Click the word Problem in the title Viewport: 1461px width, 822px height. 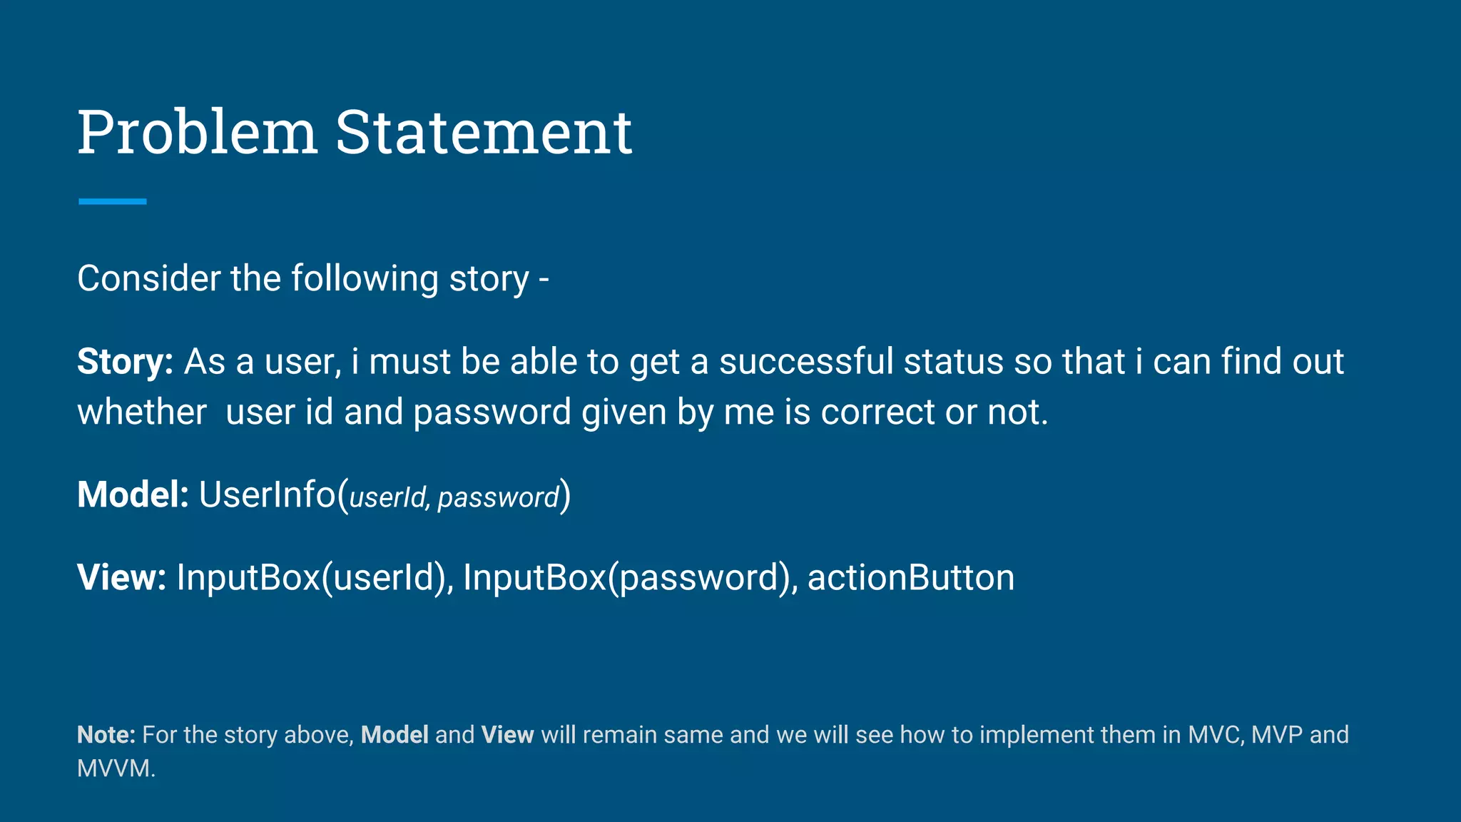197,133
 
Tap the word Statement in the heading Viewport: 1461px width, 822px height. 484,133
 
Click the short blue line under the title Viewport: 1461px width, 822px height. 112,202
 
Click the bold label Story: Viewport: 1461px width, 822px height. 125,362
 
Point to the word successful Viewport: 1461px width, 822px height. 806,362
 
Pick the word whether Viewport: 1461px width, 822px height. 142,412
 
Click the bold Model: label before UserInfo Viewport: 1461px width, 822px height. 133,495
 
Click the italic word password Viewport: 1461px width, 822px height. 498,497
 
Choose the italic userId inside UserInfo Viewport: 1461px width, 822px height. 389,497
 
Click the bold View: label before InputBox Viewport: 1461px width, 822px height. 121,578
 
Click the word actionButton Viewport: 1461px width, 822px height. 910,578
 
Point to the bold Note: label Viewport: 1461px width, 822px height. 106,735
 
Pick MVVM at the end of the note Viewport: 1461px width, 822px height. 115,768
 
